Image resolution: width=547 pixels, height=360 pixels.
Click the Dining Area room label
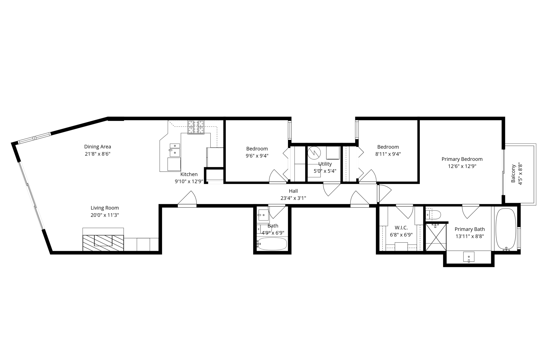point(97,146)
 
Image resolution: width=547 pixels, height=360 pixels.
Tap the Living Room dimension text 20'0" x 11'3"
point(104,215)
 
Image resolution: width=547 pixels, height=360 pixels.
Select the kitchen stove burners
point(196,127)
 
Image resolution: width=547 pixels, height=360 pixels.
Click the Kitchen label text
point(189,174)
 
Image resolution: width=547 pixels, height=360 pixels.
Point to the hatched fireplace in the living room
point(103,243)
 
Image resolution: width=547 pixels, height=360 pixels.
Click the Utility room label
point(325,164)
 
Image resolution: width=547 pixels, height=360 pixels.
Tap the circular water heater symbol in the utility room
point(314,153)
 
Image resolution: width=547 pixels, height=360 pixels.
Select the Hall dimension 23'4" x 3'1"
point(293,198)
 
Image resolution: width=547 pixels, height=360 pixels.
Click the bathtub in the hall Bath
point(272,244)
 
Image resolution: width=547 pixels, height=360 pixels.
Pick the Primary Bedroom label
point(462,159)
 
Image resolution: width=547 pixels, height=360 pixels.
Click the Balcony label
point(513,173)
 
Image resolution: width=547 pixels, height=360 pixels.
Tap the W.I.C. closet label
point(401,228)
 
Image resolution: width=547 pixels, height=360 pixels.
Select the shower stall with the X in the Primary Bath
point(436,237)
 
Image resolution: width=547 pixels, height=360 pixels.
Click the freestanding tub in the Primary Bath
point(506,229)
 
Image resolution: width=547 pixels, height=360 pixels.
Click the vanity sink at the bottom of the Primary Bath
point(468,257)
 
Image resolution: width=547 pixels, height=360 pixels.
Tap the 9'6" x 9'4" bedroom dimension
point(257,156)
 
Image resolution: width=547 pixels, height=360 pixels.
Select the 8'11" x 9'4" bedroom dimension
point(388,154)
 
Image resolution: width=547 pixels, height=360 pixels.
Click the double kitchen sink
point(175,150)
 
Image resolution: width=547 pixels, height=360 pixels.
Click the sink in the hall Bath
point(263,215)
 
